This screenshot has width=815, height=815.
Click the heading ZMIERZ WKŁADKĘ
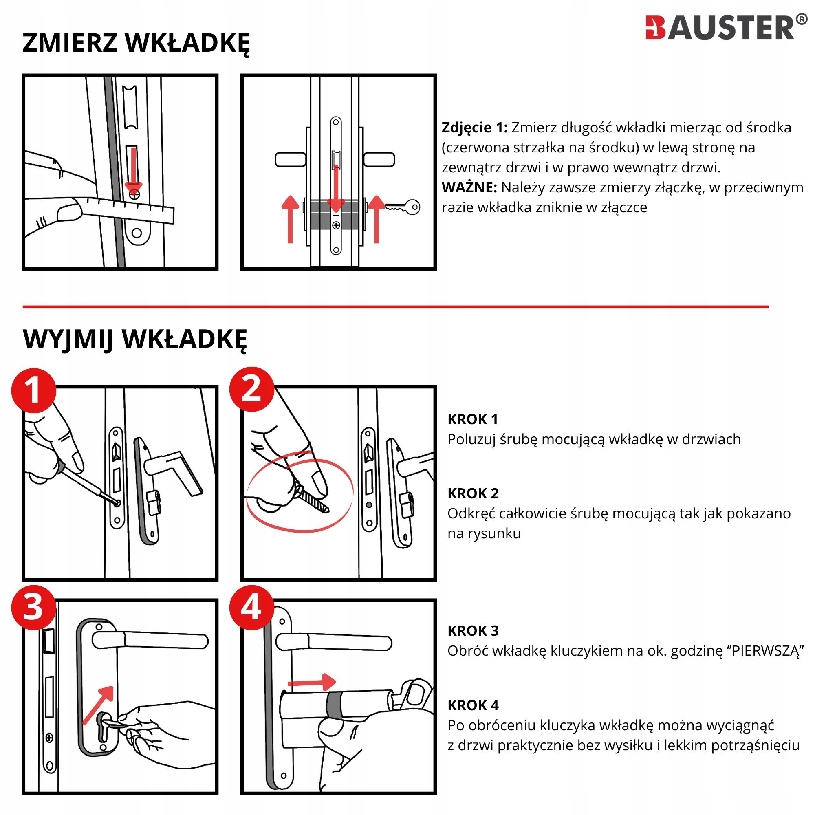click(136, 43)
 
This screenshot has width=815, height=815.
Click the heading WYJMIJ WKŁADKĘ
click(134, 339)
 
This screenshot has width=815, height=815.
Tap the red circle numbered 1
click(34, 391)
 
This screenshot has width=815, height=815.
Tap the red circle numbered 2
click(252, 389)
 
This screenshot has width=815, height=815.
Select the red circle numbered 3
click(34, 608)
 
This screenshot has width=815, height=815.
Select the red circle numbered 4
click(252, 608)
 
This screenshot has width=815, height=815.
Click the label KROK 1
click(473, 419)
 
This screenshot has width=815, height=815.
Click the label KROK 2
click(473, 493)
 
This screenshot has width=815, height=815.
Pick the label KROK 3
click(473, 631)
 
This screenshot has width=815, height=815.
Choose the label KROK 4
click(473, 705)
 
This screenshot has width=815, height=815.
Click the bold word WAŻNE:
click(469, 187)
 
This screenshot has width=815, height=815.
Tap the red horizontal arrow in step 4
click(312, 682)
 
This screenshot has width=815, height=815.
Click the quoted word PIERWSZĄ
click(765, 651)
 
